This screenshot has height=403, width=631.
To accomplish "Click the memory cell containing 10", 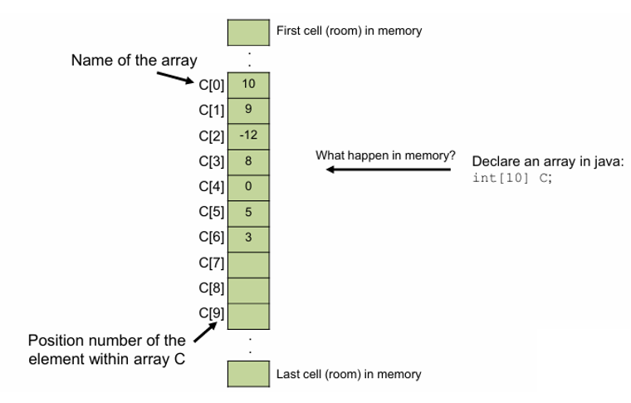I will (x=248, y=84).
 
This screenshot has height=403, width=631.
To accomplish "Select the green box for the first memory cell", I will (x=248, y=32).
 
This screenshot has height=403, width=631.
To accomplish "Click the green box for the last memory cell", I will (x=248, y=374).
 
